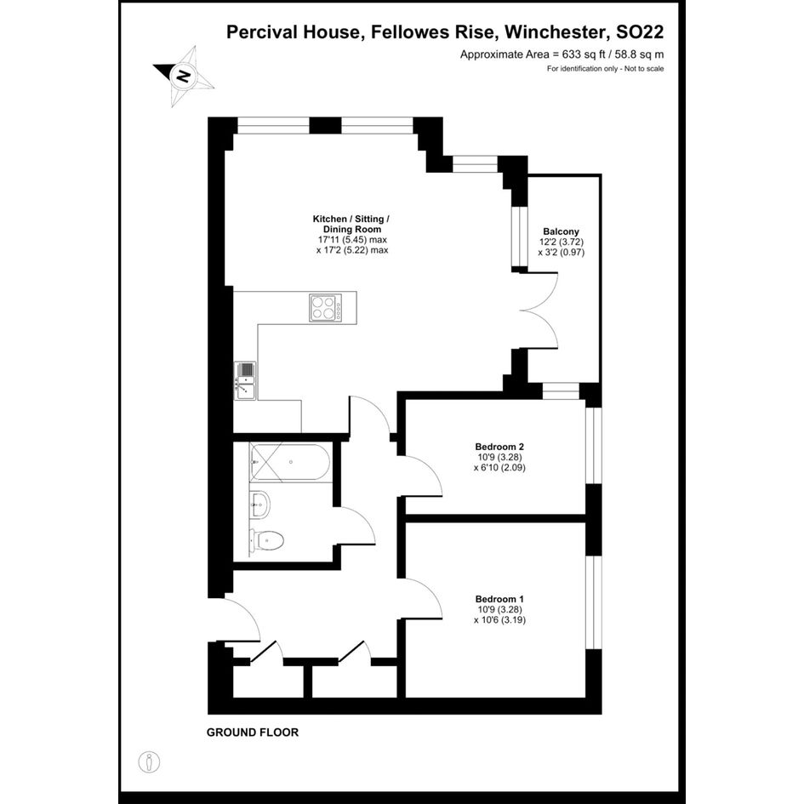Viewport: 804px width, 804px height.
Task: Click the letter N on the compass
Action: (x=183, y=76)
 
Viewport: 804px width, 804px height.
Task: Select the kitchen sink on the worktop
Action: (x=245, y=380)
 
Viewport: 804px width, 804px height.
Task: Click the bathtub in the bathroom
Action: (x=290, y=463)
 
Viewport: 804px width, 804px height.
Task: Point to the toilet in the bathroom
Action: (x=266, y=541)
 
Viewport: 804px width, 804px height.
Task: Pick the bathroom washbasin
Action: (x=260, y=505)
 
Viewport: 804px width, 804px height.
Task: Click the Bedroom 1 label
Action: (x=499, y=599)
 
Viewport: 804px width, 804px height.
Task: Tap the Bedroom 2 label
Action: (x=499, y=447)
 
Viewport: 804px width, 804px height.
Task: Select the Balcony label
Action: (x=561, y=231)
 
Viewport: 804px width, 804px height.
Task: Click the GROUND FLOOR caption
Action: (x=253, y=733)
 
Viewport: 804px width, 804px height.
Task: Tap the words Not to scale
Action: (x=644, y=69)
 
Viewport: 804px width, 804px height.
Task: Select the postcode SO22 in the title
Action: (x=640, y=31)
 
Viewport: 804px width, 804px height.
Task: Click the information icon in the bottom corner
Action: (x=149, y=762)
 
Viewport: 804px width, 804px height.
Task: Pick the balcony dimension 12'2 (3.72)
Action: (x=561, y=242)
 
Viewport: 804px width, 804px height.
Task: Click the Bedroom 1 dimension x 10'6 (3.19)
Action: (x=499, y=619)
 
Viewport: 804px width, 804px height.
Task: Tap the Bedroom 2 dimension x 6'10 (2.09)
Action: (x=499, y=467)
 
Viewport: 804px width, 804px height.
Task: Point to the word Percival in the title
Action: (x=262, y=31)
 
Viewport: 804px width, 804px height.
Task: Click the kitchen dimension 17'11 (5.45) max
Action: (x=352, y=240)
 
